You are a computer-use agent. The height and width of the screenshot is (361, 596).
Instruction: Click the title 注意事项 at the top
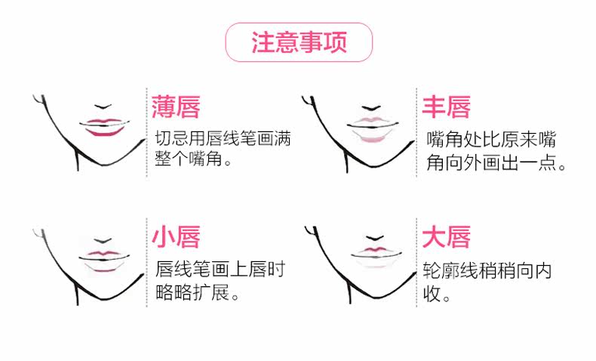(x=299, y=43)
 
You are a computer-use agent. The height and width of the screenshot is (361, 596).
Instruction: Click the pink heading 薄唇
(x=175, y=106)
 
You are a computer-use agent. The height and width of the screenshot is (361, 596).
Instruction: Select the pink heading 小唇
(x=175, y=237)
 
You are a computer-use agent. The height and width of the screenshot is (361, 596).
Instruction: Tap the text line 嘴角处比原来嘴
(x=491, y=140)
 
